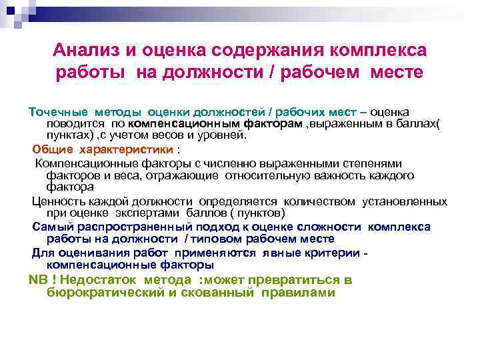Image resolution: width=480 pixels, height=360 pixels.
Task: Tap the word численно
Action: (x=230, y=163)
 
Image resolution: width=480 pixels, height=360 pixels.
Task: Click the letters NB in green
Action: (x=36, y=280)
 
